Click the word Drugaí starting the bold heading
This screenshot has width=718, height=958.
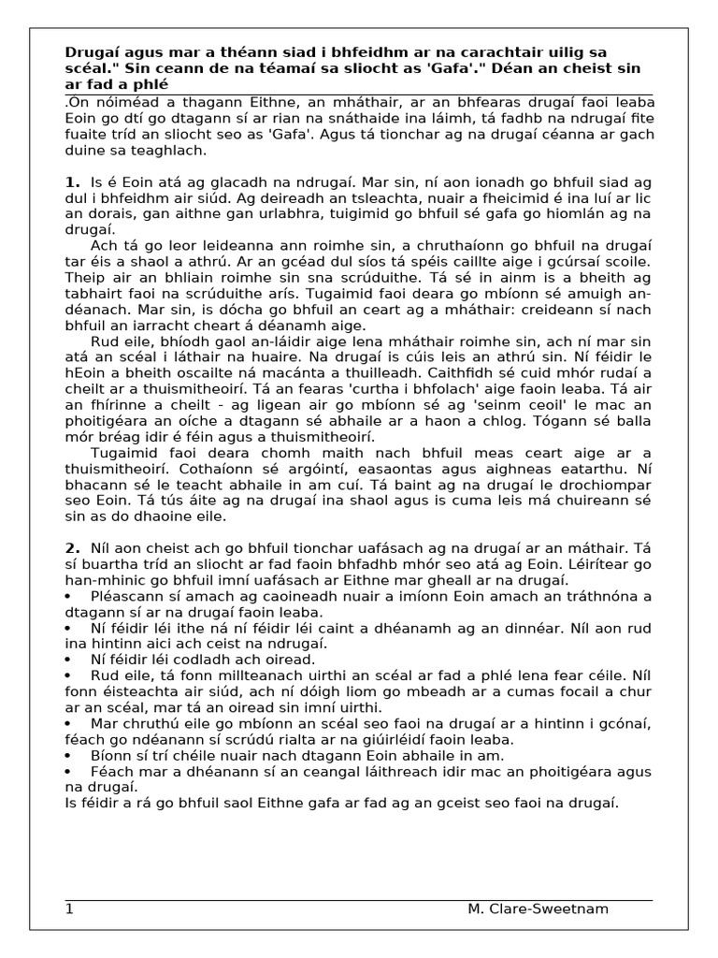click(x=92, y=51)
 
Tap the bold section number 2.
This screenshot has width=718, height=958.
click(x=72, y=546)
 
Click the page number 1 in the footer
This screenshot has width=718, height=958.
click(x=69, y=909)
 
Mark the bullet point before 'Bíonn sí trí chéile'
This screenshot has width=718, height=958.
click(x=70, y=755)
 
